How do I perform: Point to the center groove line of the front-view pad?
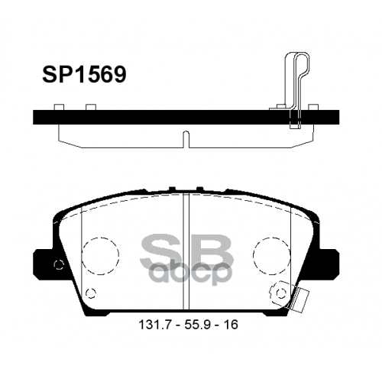tap(184, 252)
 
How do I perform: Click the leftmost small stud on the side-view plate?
tap(59, 108)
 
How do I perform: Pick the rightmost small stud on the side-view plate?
tap(312, 108)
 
